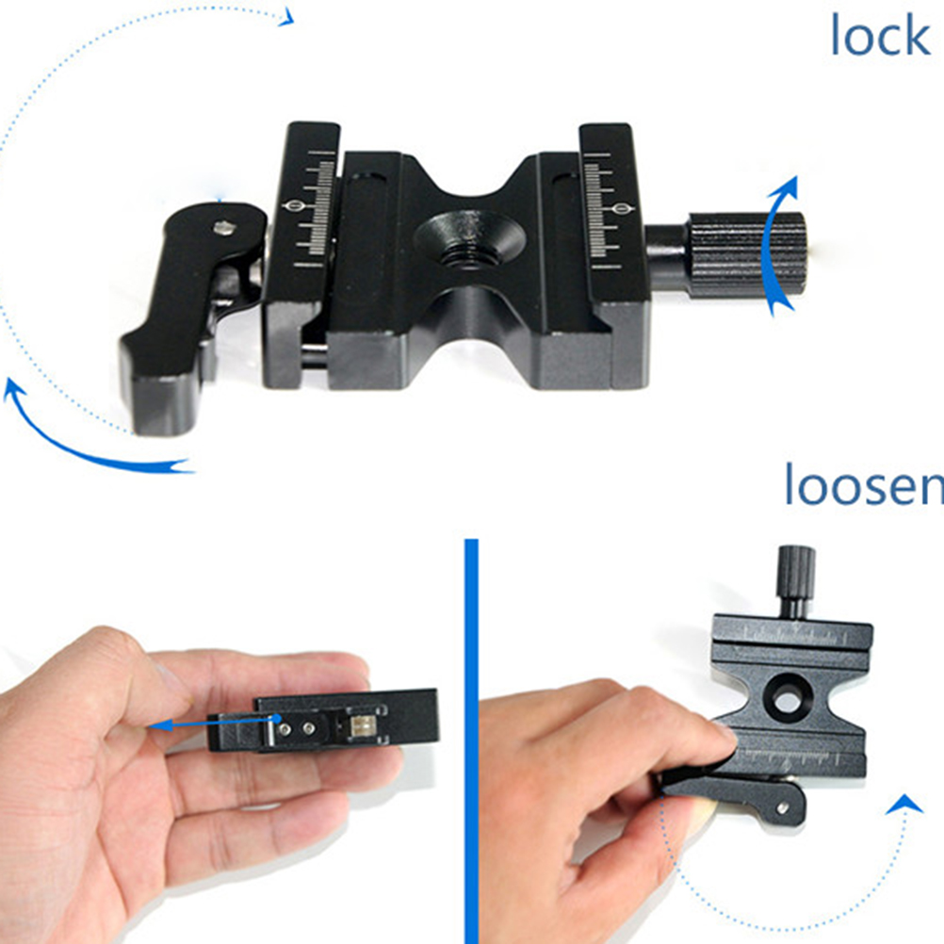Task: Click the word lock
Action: coord(880,36)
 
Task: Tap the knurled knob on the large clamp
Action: coord(746,254)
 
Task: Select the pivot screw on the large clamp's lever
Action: coord(222,228)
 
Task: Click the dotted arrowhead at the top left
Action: coord(286,17)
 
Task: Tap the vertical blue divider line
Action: coord(471,741)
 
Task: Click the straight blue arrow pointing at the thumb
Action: coord(214,723)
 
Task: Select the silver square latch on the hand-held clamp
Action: coord(361,726)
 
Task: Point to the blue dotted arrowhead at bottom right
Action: coord(903,804)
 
